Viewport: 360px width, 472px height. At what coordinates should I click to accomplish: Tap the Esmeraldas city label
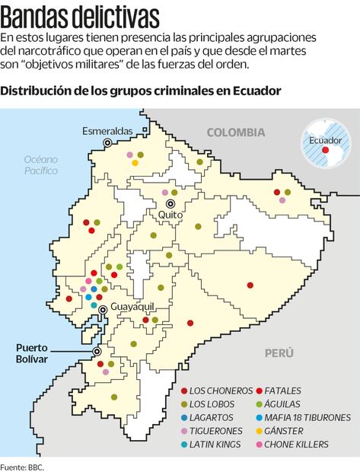pyautogui.click(x=107, y=131)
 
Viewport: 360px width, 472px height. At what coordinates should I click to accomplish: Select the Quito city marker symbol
pyautogui.click(x=170, y=204)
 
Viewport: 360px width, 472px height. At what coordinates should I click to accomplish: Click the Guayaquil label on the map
pyautogui.click(x=132, y=305)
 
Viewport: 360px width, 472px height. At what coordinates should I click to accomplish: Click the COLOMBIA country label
pyautogui.click(x=235, y=132)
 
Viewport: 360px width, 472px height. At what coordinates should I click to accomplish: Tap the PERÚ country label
pyautogui.click(x=279, y=353)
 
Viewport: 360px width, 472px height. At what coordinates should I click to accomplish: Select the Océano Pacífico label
pyautogui.click(x=40, y=165)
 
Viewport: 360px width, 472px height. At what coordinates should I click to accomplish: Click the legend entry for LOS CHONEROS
pyautogui.click(x=217, y=390)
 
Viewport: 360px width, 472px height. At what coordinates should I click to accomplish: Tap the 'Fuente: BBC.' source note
pyautogui.click(x=22, y=466)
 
